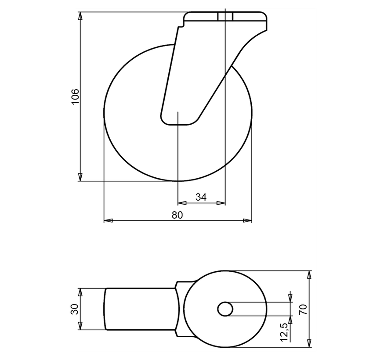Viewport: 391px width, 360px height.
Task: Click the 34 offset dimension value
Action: [201, 197]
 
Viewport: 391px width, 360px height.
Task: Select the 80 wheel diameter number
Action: [177, 215]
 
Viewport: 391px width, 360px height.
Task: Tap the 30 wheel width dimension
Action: [75, 309]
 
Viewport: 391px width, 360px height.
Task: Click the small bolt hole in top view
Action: [225, 309]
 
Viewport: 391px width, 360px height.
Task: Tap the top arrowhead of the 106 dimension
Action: [80, 16]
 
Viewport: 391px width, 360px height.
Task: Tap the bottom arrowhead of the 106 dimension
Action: [80, 177]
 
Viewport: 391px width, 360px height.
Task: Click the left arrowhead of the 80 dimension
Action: [108, 220]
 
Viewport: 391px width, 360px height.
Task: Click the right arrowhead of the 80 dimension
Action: [248, 220]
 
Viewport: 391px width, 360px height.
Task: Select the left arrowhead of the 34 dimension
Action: [181, 203]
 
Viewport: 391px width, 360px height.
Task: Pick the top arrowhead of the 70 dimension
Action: [310, 275]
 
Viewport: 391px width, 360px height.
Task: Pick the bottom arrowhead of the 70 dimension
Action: [310, 342]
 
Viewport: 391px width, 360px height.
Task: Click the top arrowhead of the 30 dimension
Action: [80, 292]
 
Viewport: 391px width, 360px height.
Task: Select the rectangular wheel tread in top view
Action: [141, 309]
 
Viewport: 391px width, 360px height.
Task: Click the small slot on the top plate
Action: [224, 16]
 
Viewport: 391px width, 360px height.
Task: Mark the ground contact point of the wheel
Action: [178, 181]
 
